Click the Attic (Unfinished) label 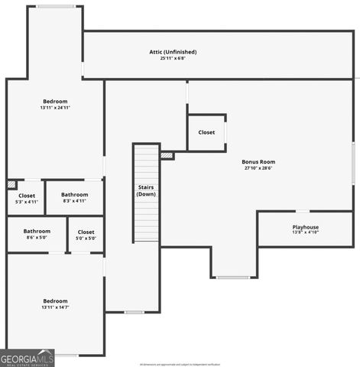click(x=173, y=52)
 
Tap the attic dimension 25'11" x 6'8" click(x=173, y=58)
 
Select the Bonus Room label click(x=258, y=162)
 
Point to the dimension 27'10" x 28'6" click(x=258, y=168)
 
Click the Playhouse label click(x=306, y=227)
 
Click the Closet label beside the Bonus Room click(x=206, y=132)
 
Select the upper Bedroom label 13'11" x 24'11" click(x=55, y=102)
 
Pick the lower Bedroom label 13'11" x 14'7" click(x=55, y=301)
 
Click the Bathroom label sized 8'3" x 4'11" click(x=75, y=195)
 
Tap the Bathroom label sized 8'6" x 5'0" click(x=37, y=232)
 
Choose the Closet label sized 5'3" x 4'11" click(x=27, y=196)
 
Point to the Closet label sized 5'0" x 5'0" click(x=86, y=232)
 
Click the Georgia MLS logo click(x=28, y=358)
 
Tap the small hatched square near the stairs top click(x=167, y=155)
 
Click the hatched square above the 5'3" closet click(x=11, y=184)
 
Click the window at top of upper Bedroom click(x=56, y=7)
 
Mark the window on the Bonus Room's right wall click(x=353, y=162)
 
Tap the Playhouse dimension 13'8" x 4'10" click(x=306, y=232)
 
